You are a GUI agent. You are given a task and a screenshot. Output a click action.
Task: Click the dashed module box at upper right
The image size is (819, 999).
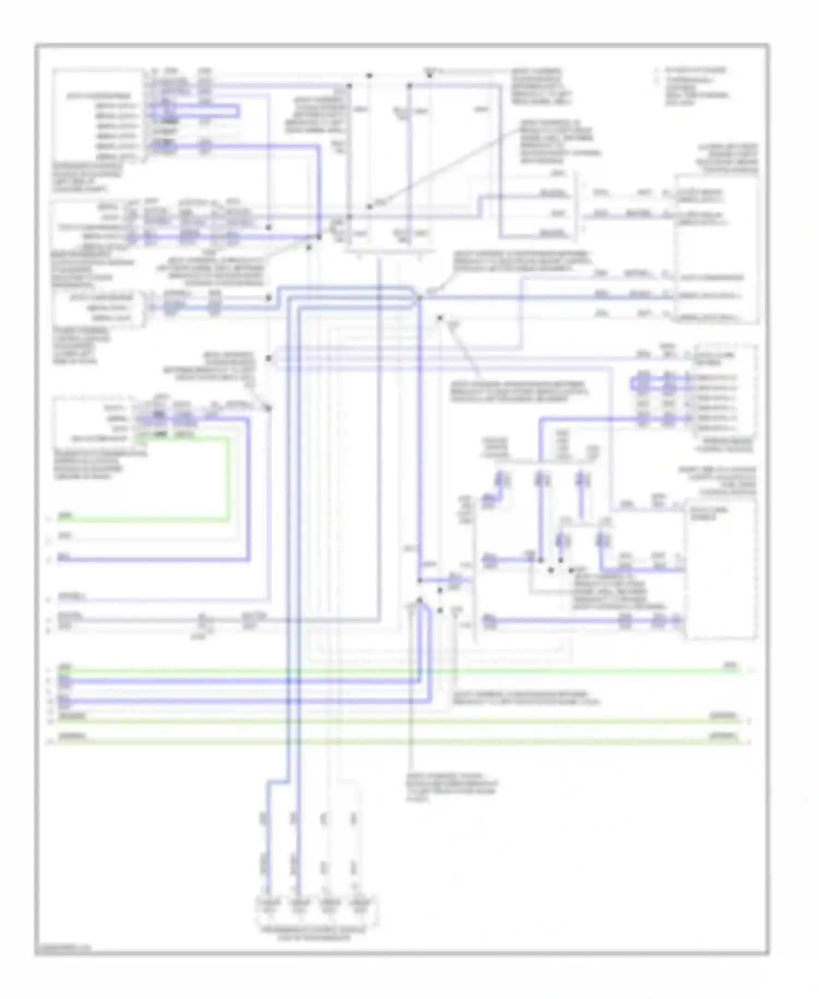(716, 249)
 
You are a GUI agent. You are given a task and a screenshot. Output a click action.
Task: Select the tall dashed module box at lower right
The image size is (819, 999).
(721, 568)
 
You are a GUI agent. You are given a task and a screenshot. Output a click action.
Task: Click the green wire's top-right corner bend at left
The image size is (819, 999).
(228, 438)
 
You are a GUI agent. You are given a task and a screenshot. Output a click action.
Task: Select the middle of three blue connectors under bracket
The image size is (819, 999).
(541, 480)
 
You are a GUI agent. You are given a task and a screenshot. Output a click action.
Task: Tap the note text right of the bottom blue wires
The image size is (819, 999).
(524, 698)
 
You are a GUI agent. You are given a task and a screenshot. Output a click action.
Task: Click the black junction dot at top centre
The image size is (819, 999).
(369, 75)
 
